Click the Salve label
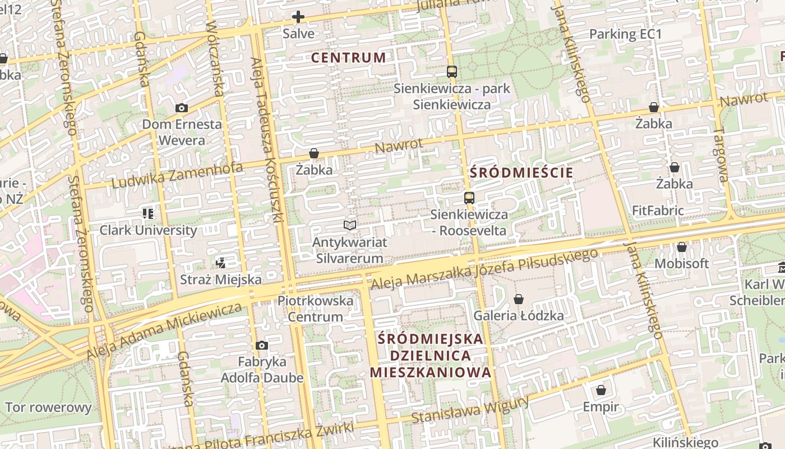tap(298, 33)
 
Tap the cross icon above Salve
tap(298, 17)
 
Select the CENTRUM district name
tap(348, 57)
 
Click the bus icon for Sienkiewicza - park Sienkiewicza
tap(452, 71)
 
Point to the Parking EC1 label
tap(625, 34)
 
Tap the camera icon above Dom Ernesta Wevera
tap(181, 108)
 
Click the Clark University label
tap(148, 230)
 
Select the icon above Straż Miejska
tap(221, 263)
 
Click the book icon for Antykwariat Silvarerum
tap(350, 225)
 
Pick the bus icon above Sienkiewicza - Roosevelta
tap(469, 198)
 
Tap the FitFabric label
tap(658, 211)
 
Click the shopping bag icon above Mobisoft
tap(681, 247)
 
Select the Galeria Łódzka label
tap(519, 315)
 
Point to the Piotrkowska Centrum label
tap(315, 309)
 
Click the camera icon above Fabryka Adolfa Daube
tap(261, 345)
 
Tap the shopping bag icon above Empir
tap(601, 390)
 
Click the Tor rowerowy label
tap(48, 407)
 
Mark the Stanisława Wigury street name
tap(470, 411)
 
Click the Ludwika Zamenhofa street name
tap(177, 176)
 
